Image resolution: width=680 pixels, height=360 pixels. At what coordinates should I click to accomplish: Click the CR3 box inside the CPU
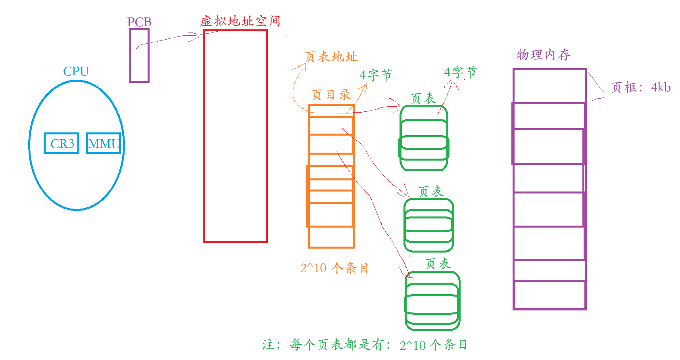[x=61, y=143]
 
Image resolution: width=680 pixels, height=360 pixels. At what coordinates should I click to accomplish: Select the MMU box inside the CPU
[x=104, y=143]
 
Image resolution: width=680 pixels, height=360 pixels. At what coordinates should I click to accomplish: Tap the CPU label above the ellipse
[x=76, y=71]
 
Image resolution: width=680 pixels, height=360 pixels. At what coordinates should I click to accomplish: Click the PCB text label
[x=139, y=22]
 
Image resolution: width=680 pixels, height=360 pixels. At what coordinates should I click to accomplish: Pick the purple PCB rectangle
[x=139, y=56]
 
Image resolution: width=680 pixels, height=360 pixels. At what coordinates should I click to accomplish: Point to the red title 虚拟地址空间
[x=240, y=21]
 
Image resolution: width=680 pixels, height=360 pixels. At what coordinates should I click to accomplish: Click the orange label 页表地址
[x=331, y=57]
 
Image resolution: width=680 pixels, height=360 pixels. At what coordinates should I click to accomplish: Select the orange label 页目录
[x=331, y=95]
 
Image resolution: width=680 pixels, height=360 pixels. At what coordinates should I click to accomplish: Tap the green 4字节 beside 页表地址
[x=376, y=75]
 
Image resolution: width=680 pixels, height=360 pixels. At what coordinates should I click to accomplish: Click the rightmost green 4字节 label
[x=460, y=73]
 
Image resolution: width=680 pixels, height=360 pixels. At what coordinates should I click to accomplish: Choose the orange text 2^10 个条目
[x=334, y=268]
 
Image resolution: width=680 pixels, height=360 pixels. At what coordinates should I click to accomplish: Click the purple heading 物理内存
[x=544, y=55]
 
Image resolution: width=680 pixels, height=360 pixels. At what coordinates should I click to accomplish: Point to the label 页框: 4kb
[x=641, y=88]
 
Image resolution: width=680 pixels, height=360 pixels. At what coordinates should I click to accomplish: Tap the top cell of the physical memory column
[x=549, y=86]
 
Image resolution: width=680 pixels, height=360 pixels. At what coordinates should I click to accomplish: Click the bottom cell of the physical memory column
[x=549, y=295]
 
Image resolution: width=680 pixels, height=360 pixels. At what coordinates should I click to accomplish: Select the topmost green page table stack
[x=424, y=138]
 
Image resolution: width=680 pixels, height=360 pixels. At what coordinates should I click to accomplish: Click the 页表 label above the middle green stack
[x=430, y=192]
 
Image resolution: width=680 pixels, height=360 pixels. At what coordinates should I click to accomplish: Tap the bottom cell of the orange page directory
[x=331, y=237]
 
